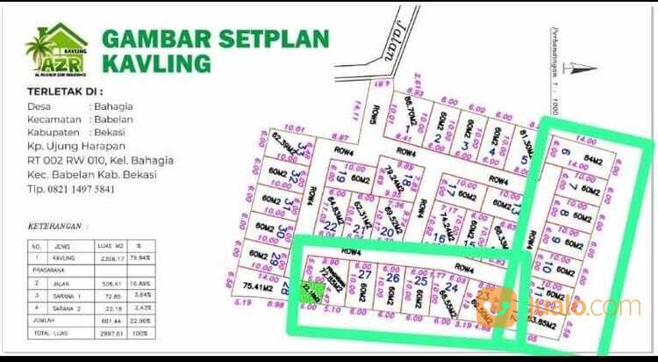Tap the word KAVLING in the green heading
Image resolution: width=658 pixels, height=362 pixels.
(x=157, y=63)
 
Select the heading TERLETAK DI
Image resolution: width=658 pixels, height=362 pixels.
(x=65, y=90)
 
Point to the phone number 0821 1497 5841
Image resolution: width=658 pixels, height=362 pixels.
(x=84, y=189)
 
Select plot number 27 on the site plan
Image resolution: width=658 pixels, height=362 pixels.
(x=363, y=274)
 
